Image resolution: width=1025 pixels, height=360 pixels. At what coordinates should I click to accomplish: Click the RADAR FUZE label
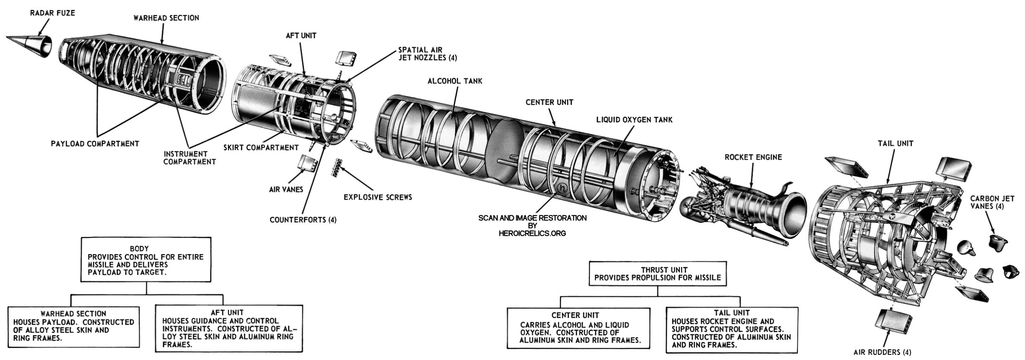(52, 13)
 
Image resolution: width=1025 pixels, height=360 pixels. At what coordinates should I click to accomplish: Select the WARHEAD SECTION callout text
(166, 18)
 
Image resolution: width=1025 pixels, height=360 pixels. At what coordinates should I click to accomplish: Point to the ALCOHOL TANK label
(455, 81)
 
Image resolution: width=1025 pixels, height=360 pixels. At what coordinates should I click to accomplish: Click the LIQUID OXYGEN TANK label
(634, 120)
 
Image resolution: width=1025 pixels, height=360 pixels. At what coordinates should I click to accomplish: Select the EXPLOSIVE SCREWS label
(378, 197)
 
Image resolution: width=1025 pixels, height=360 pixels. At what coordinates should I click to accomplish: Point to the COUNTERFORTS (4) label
(303, 220)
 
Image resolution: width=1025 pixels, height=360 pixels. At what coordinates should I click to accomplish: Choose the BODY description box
(146, 260)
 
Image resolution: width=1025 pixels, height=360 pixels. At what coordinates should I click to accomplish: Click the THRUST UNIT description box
(658, 274)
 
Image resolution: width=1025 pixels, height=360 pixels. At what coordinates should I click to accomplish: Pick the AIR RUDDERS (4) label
(882, 353)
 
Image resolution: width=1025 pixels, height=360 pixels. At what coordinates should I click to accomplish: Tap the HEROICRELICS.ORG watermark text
(532, 234)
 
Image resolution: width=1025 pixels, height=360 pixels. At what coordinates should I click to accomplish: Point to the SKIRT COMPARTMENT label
(261, 148)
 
